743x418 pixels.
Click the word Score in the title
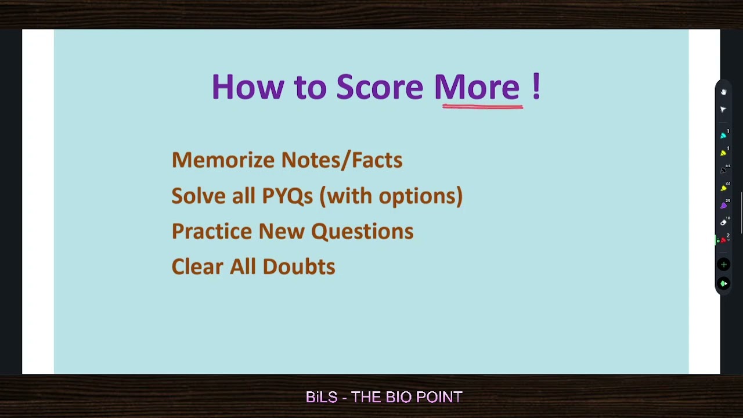coord(379,87)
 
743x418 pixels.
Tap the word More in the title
coord(477,87)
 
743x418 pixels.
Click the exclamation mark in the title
coord(536,87)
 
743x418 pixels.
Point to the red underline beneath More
coord(482,107)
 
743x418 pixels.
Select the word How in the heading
coord(247,87)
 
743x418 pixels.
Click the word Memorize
coord(223,160)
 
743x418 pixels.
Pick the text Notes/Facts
coord(341,160)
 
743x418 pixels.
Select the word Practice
coord(212,232)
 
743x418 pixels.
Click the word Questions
coord(362,232)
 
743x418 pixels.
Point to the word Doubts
coord(298,267)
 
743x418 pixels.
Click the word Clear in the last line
coord(197,267)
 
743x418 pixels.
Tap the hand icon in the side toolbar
coord(723,92)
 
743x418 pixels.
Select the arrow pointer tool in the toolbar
coord(723,109)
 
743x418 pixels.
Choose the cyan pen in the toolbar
coord(723,135)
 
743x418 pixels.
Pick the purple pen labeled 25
coord(723,206)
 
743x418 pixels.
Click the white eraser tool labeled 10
coord(723,222)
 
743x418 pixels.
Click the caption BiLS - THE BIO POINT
coord(384,397)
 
